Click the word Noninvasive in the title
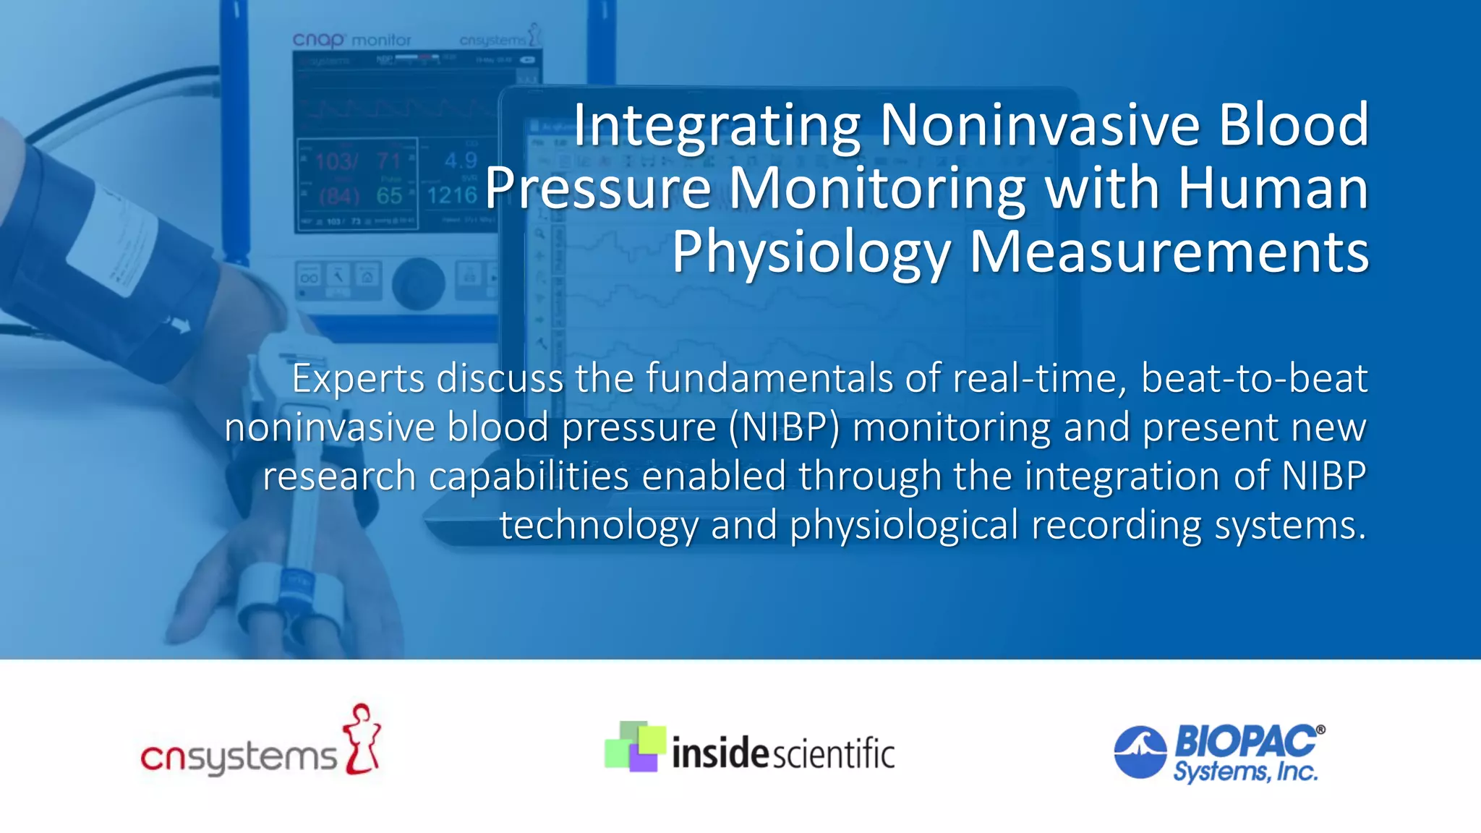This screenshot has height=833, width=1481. click(x=1041, y=125)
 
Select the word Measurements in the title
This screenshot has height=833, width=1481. click(x=1169, y=252)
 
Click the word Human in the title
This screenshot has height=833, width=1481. click(x=1273, y=188)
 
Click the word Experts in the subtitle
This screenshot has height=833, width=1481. click(x=357, y=379)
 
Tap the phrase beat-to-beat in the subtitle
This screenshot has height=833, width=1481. click(x=1254, y=378)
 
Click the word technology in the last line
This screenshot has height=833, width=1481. click(x=599, y=526)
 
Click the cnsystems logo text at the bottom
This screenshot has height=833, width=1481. click(x=239, y=758)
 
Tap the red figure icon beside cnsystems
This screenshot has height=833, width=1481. click(x=362, y=739)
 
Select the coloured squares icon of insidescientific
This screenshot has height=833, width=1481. click(x=634, y=746)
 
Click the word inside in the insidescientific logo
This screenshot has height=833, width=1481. click(x=720, y=753)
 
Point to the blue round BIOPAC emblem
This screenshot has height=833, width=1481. click(x=1140, y=752)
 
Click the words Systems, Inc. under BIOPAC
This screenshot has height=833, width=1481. click(x=1245, y=772)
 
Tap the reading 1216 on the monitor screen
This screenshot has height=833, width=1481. click(x=451, y=195)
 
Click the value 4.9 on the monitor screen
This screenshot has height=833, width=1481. click(x=461, y=161)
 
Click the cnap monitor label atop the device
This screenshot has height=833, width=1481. click(x=351, y=40)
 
